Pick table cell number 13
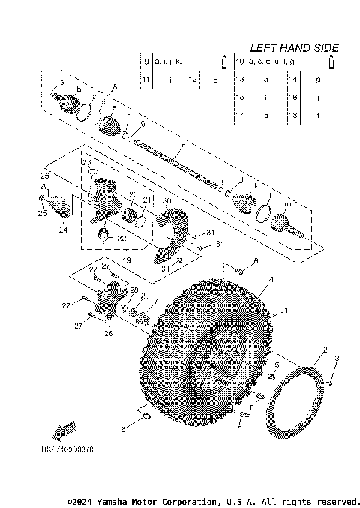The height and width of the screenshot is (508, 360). tap(241, 78)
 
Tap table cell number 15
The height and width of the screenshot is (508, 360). tap(241, 97)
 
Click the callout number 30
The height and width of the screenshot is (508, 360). tap(166, 201)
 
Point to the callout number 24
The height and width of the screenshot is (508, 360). tap(62, 230)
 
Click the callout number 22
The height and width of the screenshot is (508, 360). tap(121, 238)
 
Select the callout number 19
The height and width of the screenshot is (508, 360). tap(126, 260)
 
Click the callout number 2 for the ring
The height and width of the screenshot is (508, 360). tap(324, 350)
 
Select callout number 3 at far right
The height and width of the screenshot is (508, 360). tap(337, 359)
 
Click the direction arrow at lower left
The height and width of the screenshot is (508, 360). tap(64, 431)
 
